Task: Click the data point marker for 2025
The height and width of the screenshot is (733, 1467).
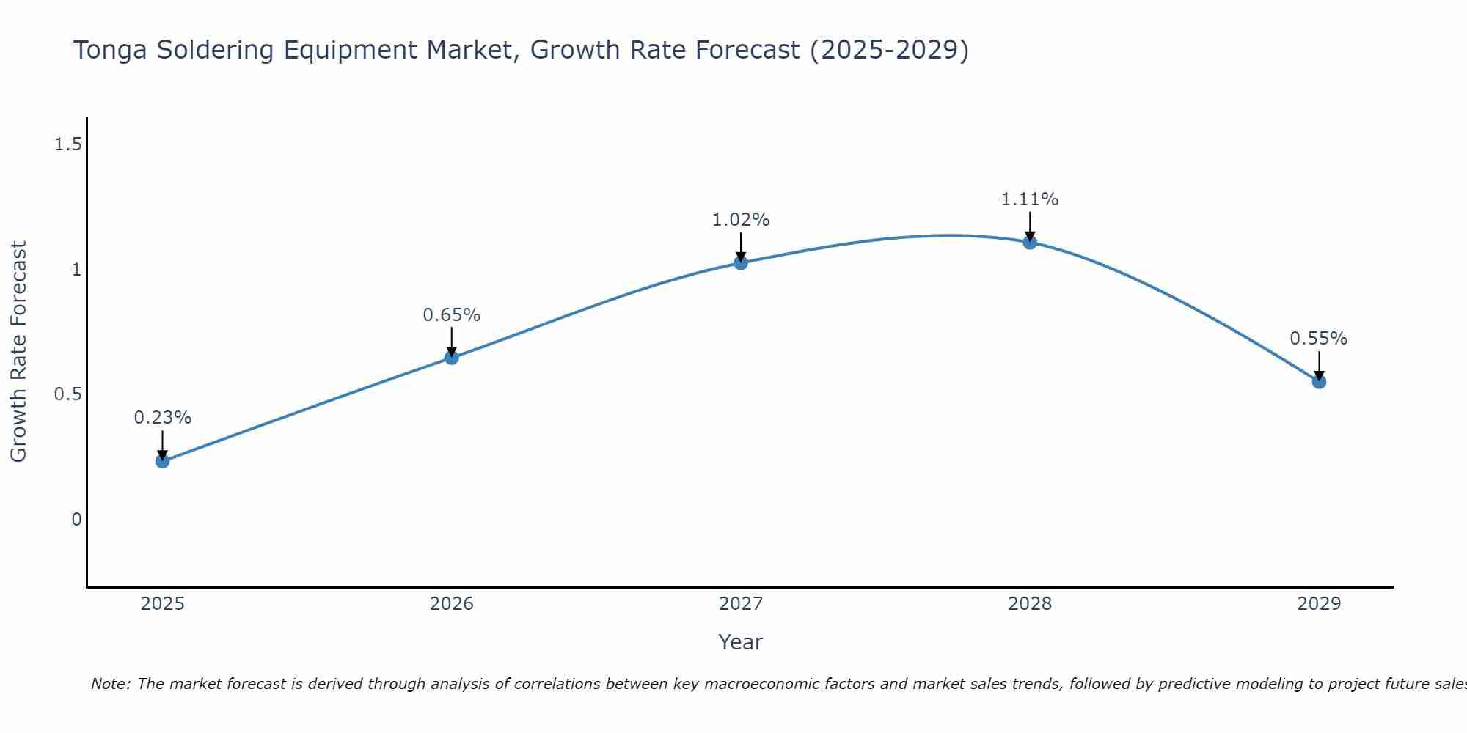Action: pyautogui.click(x=162, y=461)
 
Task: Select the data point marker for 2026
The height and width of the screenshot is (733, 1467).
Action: pyautogui.click(x=452, y=358)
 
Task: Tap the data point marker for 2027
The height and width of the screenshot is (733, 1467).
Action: pyautogui.click(x=741, y=262)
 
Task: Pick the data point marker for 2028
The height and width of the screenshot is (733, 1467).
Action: pyautogui.click(x=1030, y=242)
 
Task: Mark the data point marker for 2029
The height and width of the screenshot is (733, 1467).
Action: pyautogui.click(x=1319, y=381)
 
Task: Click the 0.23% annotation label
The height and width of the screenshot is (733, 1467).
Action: pyautogui.click(x=162, y=418)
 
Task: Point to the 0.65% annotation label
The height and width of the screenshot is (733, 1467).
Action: pyautogui.click(x=452, y=315)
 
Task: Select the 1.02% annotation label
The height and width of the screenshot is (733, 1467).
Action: pyautogui.click(x=741, y=220)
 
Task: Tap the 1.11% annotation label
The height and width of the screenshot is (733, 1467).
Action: pyautogui.click(x=1030, y=199)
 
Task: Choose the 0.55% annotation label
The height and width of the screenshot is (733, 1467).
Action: pyautogui.click(x=1318, y=339)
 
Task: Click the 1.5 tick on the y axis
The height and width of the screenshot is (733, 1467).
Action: pyautogui.click(x=67, y=144)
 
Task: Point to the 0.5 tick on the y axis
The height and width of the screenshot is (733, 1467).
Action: pyautogui.click(x=67, y=394)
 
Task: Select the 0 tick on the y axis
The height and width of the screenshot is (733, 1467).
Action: pyautogui.click(x=76, y=520)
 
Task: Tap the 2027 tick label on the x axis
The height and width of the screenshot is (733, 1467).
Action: pyautogui.click(x=741, y=604)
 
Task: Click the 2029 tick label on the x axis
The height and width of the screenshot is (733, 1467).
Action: pyautogui.click(x=1319, y=604)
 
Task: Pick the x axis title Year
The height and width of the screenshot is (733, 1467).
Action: pyautogui.click(x=741, y=642)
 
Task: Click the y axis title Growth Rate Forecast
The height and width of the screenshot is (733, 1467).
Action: pyautogui.click(x=19, y=351)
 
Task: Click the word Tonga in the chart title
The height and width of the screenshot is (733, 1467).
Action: pyautogui.click(x=111, y=51)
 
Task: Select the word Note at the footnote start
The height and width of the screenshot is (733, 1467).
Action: pyautogui.click(x=110, y=684)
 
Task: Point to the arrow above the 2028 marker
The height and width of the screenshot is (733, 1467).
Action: pyautogui.click(x=1030, y=226)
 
